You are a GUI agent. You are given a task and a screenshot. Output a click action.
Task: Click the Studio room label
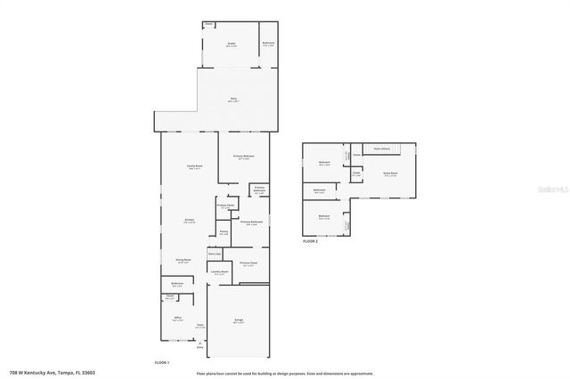tap(231, 43)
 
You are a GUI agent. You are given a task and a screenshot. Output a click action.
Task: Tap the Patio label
tap(233, 100)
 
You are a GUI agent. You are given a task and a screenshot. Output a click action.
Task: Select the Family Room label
tap(192, 166)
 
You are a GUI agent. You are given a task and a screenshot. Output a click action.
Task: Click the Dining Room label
tap(184, 261)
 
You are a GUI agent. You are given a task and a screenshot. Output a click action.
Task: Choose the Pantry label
tap(224, 233)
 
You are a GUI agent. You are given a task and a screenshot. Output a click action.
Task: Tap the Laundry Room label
tap(222, 273)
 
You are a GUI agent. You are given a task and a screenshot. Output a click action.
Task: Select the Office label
tap(178, 319)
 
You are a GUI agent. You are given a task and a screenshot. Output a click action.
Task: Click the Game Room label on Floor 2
tap(390, 173)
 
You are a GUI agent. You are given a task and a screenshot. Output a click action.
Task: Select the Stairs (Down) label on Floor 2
tap(383, 149)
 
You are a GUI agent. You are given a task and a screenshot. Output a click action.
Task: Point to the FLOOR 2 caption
tap(310, 241)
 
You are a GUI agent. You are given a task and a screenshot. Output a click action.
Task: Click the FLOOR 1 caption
tap(161, 363)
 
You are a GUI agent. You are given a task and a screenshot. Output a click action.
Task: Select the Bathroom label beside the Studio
tap(268, 44)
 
